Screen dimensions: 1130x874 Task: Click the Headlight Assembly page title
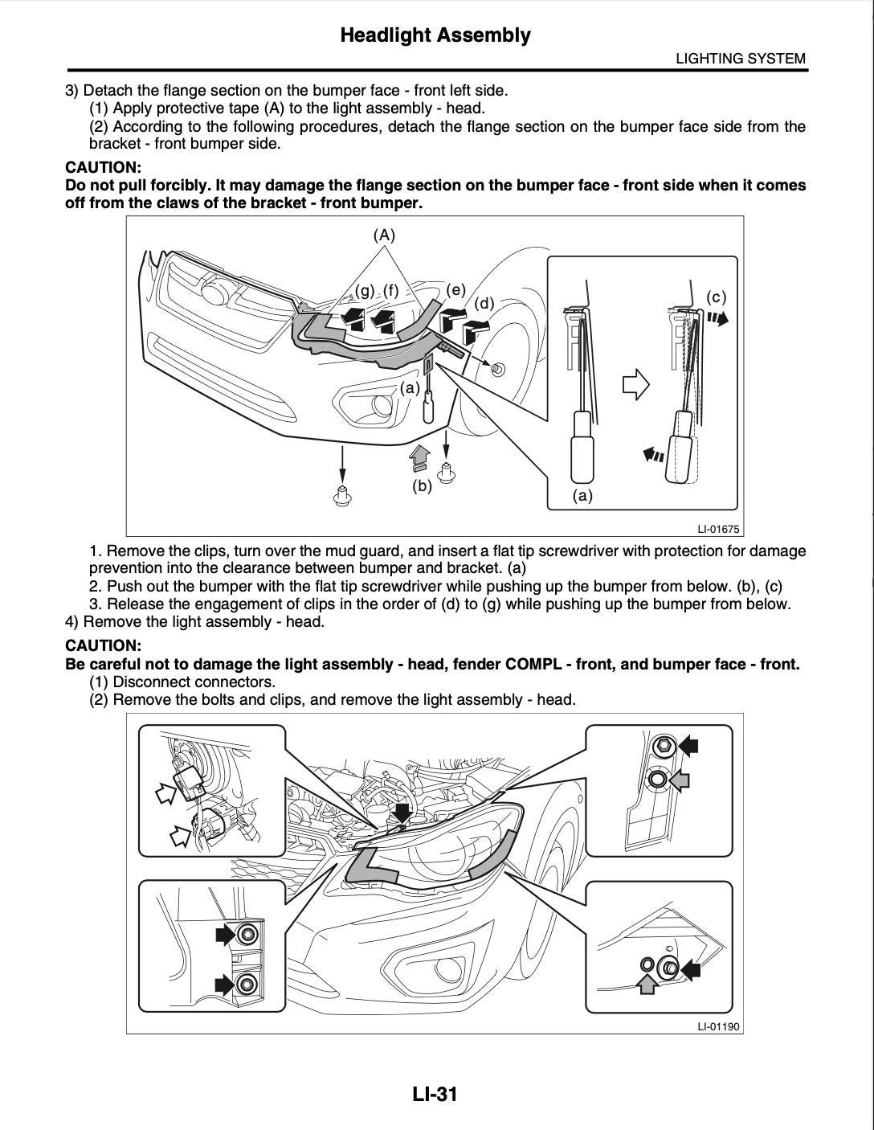435,35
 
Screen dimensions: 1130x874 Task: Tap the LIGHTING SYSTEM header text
740,59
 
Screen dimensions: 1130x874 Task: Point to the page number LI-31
435,1094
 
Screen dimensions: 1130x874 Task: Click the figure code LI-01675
718,530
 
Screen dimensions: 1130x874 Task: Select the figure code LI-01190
718,1026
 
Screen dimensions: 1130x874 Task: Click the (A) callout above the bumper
384,235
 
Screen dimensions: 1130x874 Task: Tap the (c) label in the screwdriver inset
716,297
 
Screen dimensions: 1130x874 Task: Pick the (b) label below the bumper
422,485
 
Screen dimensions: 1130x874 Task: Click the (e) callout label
456,290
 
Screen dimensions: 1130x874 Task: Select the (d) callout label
484,303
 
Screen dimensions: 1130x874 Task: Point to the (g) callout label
365,290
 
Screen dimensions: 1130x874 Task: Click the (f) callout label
390,290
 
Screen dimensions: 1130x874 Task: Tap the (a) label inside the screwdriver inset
582,496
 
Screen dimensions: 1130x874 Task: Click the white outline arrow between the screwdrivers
635,384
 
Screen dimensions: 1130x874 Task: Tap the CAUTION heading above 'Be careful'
103,646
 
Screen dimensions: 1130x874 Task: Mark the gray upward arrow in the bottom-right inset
647,983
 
